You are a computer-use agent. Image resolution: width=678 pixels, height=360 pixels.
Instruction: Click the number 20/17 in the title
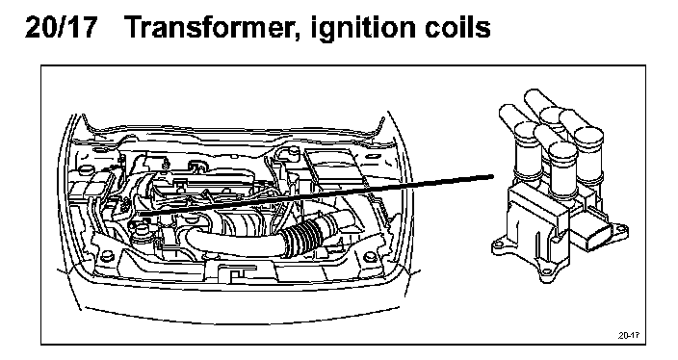click(61, 27)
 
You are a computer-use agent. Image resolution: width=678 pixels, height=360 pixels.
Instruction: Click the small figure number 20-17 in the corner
click(629, 335)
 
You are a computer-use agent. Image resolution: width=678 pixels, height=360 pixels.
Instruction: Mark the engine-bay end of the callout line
click(141, 214)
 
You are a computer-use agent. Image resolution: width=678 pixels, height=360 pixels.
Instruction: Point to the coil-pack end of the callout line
click(492, 176)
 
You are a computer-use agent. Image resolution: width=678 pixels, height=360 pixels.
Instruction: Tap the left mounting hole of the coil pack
click(498, 246)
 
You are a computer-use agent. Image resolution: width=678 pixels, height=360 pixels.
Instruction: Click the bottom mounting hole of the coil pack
click(547, 272)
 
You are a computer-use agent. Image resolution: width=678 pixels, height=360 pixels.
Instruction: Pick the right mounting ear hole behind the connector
click(622, 228)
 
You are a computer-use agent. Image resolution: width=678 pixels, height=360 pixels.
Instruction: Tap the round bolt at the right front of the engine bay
click(370, 257)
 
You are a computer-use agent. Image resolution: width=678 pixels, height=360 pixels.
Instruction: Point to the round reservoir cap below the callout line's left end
click(140, 228)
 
